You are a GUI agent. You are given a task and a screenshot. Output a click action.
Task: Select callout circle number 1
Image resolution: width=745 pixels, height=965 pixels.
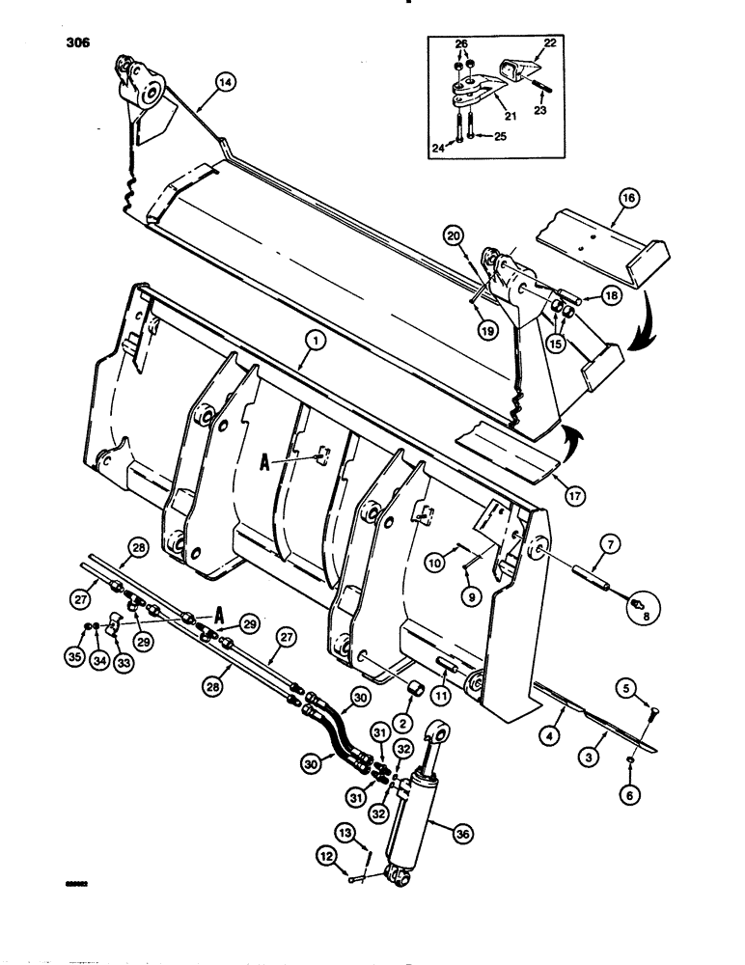click(x=311, y=340)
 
